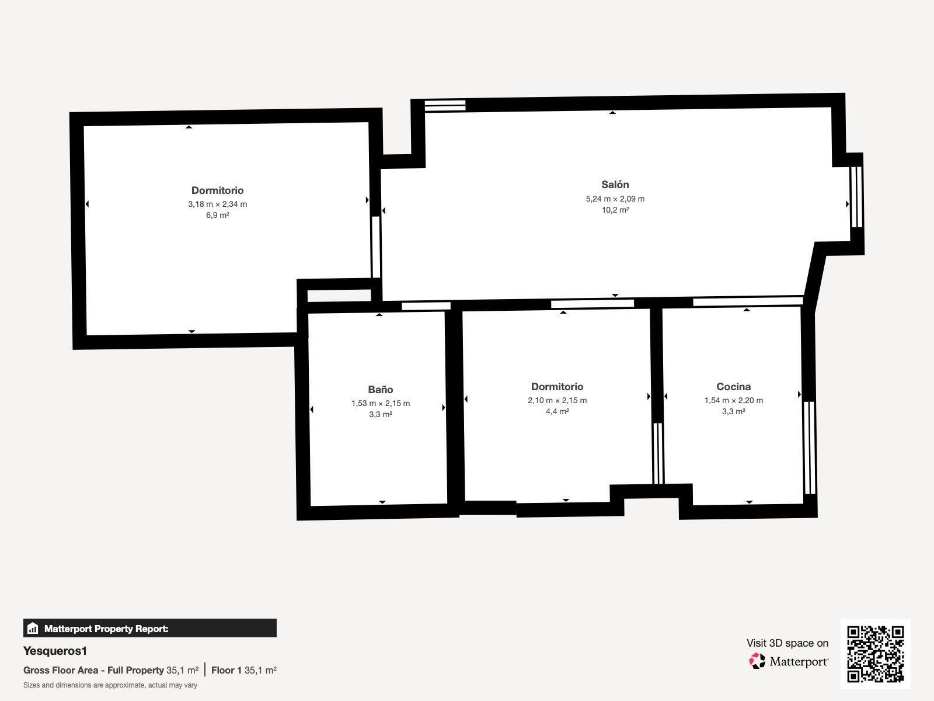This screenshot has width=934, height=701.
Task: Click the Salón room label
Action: coord(615,184)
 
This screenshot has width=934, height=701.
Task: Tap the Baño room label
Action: coord(381,389)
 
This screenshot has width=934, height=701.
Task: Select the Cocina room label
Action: coord(733,387)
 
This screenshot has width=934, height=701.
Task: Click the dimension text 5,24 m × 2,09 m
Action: coord(615,199)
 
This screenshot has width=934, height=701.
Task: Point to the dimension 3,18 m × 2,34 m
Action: coord(217,204)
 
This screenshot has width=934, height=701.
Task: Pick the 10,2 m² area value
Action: coord(615,210)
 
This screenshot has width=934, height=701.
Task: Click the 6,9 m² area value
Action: coord(217,215)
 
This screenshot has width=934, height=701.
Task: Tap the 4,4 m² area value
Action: coord(557,412)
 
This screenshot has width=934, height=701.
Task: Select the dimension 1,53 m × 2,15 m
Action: coord(381,403)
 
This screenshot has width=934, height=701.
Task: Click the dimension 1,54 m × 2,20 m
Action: coord(733,400)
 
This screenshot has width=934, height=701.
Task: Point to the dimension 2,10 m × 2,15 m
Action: coord(557,400)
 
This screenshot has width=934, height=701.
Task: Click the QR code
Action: coord(875,654)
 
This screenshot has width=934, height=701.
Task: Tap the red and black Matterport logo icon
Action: coord(757,661)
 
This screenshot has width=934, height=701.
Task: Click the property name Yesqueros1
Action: coord(55,651)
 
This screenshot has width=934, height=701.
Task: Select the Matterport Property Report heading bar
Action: coord(150,628)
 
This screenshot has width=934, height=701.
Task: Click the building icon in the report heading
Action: coord(33,628)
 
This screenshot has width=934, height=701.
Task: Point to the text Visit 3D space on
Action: coord(787,643)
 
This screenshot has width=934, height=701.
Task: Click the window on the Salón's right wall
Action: coord(856,197)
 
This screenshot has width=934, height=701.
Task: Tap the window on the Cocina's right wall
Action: coord(809,447)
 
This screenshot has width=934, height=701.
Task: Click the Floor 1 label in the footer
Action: coord(226,671)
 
